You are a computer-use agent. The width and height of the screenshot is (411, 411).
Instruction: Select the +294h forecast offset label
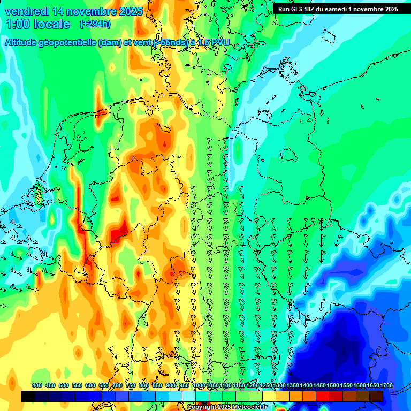(95, 24)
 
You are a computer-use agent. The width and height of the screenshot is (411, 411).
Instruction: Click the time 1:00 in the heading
(18, 24)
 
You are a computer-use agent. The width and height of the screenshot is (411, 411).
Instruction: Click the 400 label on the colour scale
(37, 385)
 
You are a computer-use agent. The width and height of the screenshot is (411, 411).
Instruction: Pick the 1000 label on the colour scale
(199, 385)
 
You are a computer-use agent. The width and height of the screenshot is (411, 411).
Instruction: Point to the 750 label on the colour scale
(131, 385)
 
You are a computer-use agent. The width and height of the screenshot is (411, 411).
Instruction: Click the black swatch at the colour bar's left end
(28, 396)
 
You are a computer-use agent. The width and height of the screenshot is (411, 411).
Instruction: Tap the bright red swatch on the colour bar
(323, 396)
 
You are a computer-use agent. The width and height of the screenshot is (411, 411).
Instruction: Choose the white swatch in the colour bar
(189, 396)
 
